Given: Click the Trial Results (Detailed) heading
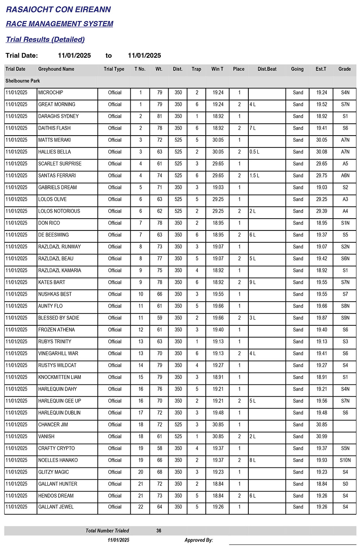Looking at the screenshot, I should pos(45,39).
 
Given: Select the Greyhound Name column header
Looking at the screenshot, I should pos(56,69).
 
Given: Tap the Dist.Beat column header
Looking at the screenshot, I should pos(267,69).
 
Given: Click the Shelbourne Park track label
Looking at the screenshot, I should pos(23,81).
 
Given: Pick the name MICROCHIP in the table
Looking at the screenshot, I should pos(51,93).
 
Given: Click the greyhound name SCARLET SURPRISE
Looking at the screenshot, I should pos(60,164).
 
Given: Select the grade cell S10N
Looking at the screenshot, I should pos(345,460).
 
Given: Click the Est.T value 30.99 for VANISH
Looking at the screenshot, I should pos(321,436).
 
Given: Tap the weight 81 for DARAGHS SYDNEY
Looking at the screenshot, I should pos(159,116).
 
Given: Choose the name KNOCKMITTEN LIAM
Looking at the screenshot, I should pos(60,377).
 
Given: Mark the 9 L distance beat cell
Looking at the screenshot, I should pos(252,282).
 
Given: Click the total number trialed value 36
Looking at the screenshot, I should pos(159,531).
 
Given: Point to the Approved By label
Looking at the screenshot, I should pos(199,540).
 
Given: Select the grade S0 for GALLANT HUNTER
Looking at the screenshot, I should pos(345,484).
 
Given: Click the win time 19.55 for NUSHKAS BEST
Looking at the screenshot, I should pos(218,294).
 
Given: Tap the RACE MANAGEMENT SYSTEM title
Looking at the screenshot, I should pos(60,24).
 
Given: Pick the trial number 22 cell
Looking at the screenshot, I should pos(140,507).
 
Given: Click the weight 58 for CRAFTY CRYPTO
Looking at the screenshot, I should pos(159,448).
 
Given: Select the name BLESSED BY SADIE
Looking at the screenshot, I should pos(58,318).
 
